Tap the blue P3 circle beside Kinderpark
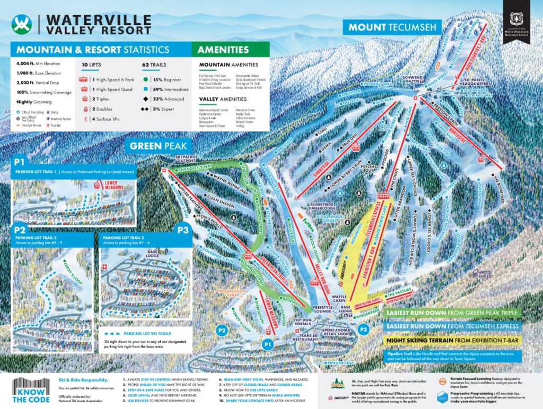[363, 329]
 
